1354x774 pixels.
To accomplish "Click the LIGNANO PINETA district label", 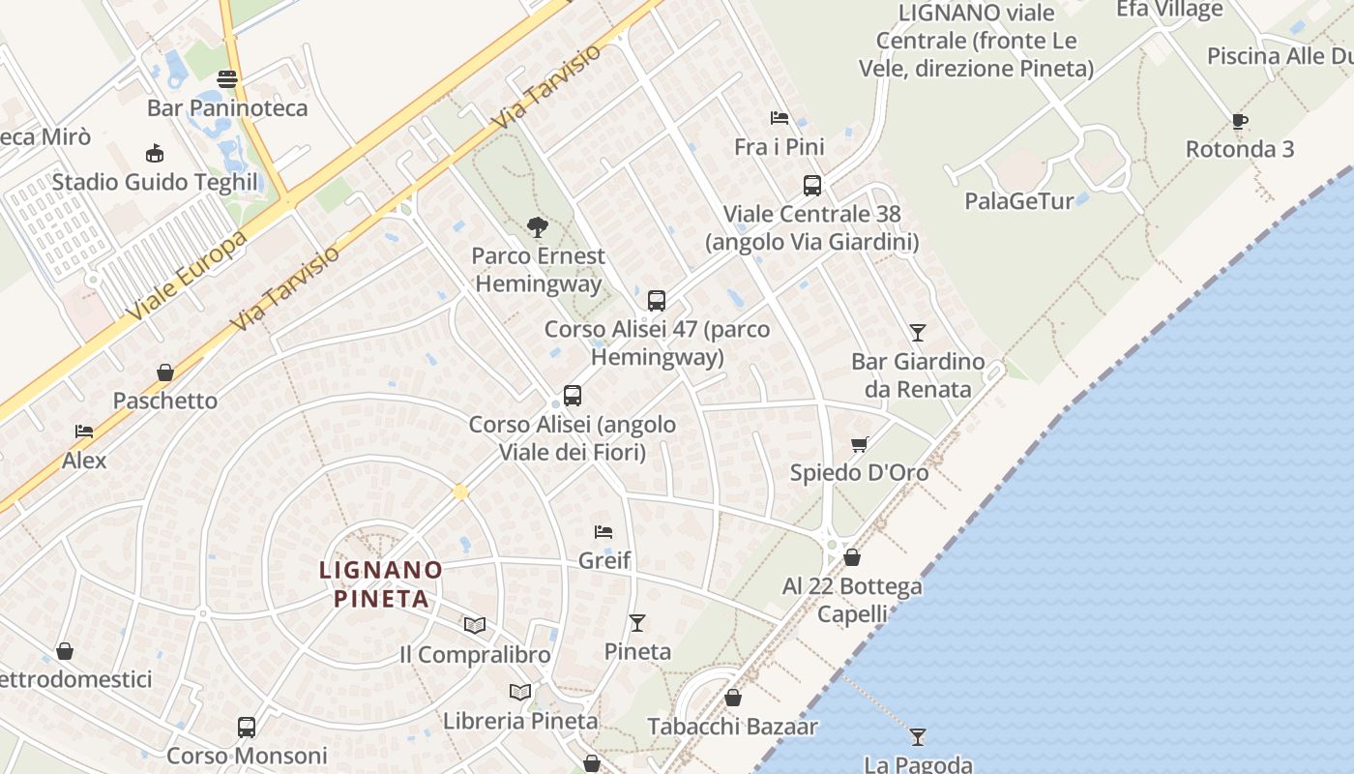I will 381,584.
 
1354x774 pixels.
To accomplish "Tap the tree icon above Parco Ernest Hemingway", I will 538,227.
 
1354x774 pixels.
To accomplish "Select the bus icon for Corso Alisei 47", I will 657,300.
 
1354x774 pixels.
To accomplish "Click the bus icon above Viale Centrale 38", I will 812,185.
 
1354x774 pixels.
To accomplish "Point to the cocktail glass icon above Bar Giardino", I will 918,333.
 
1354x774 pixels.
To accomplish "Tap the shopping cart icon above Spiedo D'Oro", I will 859,444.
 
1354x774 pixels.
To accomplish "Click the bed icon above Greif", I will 603,532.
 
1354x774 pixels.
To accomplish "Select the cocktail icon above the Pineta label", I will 637,622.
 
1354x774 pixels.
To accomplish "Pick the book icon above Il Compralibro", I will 474,625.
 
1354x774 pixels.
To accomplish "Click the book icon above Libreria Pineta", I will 520,692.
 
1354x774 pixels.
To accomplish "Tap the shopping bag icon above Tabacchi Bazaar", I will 733,697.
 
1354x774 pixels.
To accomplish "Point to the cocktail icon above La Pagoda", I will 918,736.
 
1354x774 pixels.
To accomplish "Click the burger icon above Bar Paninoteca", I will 227,78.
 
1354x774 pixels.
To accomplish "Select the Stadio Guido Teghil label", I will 155,182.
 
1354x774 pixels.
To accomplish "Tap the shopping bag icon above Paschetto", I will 165,372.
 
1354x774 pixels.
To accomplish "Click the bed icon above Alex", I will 84,432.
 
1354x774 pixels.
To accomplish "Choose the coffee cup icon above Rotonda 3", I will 1240,121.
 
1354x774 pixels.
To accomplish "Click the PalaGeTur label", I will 1019,201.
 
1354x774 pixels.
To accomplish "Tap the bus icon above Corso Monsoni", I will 247,727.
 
